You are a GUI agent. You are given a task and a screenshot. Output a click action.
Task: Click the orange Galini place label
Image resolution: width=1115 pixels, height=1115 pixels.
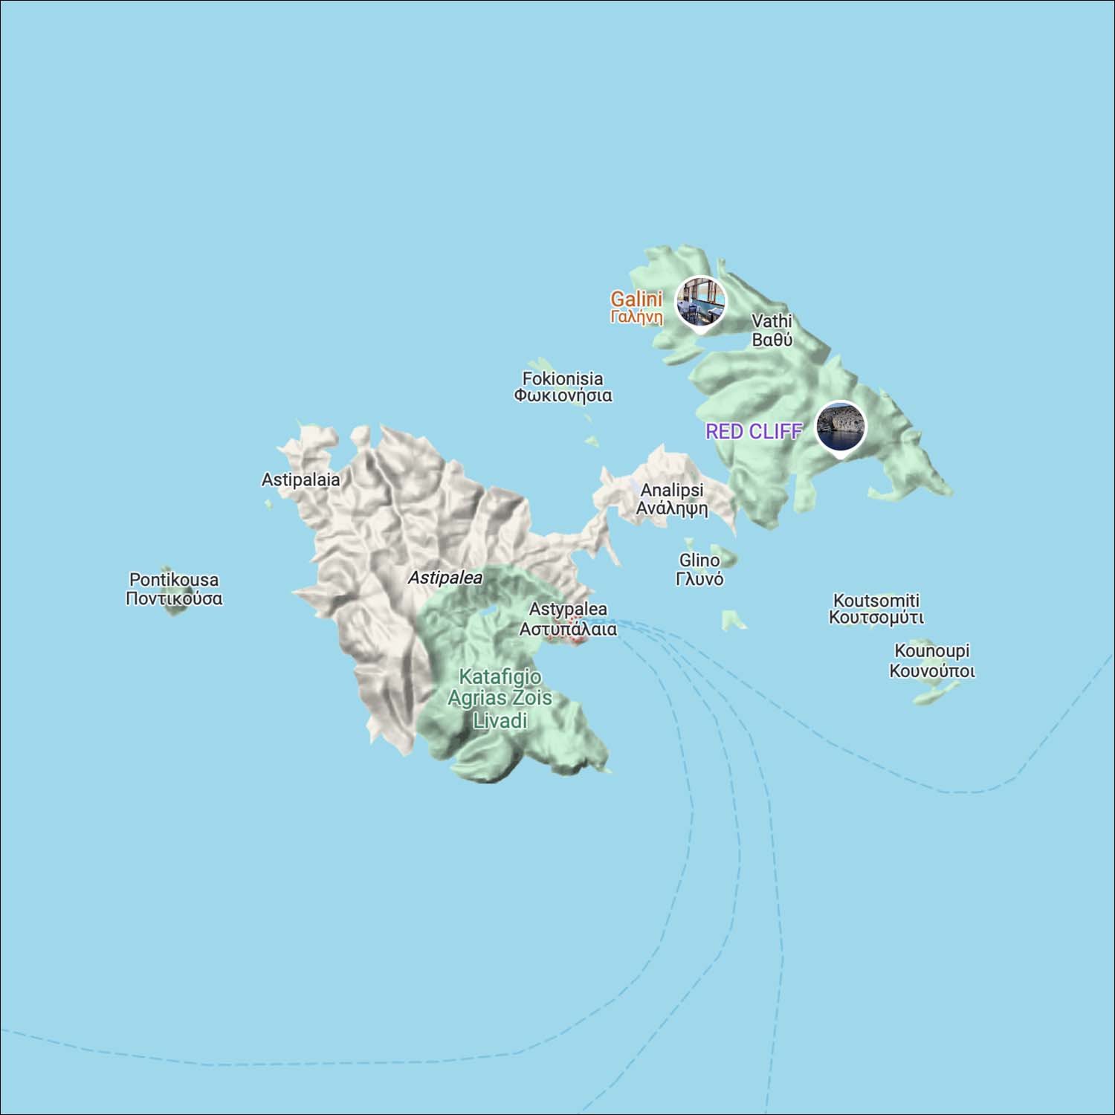tap(636, 307)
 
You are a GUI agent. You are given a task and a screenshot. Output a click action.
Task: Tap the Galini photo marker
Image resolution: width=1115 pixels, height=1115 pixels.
tap(700, 301)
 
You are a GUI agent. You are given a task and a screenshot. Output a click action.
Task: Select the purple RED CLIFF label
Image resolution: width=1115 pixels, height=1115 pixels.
tap(754, 431)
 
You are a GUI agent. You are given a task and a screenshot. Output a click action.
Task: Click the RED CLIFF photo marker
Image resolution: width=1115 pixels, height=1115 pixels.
tap(841, 427)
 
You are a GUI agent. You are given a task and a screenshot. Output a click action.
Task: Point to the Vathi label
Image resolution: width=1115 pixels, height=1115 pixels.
tap(772, 330)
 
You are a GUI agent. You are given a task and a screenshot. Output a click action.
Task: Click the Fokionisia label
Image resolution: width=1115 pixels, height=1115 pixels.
tap(563, 387)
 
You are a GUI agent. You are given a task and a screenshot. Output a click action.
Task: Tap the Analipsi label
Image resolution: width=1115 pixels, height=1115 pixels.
tap(672, 499)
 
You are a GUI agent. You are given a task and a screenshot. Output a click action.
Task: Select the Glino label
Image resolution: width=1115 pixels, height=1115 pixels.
tap(699, 569)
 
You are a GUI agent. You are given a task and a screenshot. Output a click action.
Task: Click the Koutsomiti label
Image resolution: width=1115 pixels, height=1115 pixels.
tap(876, 609)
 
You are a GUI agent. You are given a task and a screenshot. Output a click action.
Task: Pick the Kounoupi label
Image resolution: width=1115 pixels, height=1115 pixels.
tap(932, 660)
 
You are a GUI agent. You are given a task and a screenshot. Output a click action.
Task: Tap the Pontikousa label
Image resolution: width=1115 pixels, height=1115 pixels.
tap(174, 589)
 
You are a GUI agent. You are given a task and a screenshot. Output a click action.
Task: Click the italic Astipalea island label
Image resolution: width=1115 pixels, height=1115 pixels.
tap(445, 578)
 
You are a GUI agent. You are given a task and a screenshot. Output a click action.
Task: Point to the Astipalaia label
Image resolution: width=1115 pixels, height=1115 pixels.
tap(300, 479)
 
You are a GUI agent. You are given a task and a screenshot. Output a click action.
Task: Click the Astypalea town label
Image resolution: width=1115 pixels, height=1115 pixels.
tap(568, 618)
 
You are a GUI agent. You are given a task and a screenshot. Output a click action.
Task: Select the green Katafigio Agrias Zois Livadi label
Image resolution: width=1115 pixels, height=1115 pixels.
tap(500, 698)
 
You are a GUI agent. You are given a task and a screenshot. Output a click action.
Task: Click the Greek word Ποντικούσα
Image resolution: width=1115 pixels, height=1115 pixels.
tap(174, 598)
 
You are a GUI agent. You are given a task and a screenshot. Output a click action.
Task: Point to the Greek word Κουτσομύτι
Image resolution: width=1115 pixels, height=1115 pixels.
tap(876, 618)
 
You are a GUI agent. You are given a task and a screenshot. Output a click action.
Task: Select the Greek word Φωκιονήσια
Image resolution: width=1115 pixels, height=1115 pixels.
tap(563, 395)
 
